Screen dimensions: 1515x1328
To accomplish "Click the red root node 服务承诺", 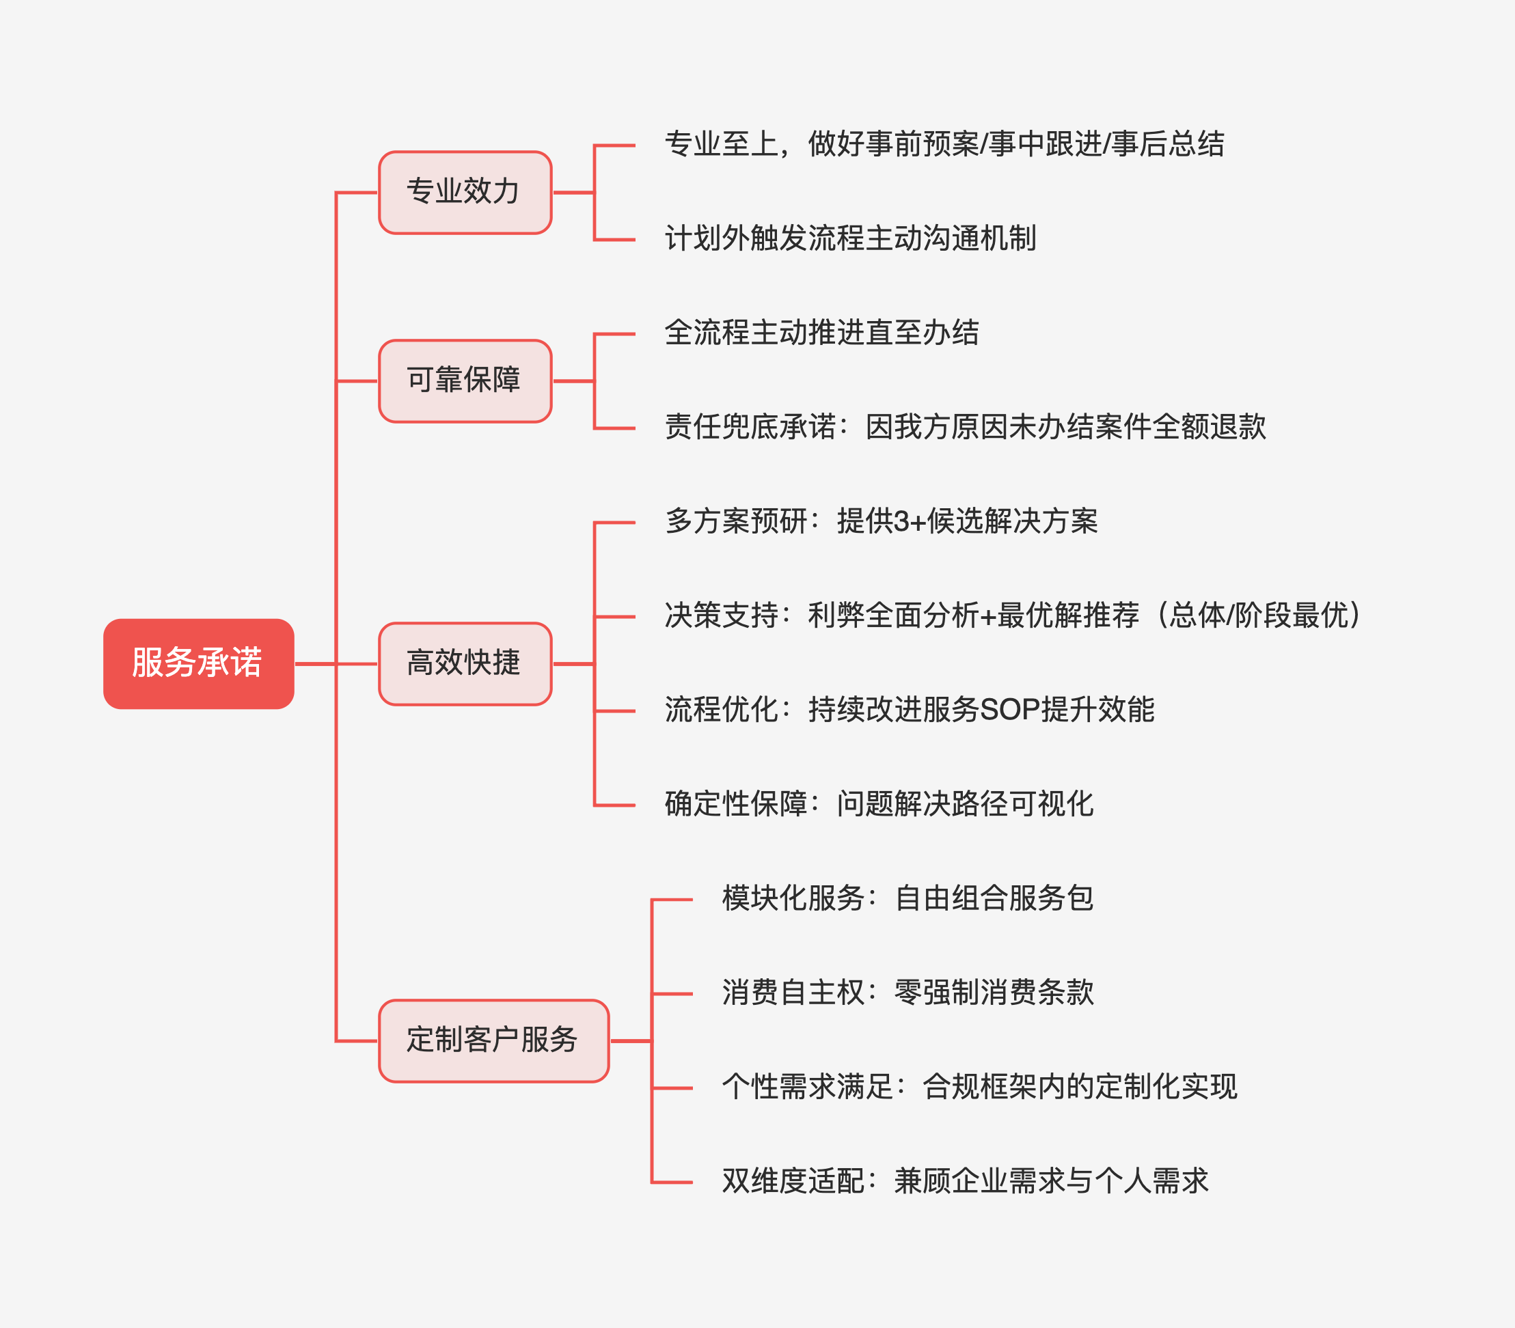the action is (x=199, y=663).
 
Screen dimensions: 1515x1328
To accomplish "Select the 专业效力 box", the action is (x=465, y=193).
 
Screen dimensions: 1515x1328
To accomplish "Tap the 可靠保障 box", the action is (x=465, y=381).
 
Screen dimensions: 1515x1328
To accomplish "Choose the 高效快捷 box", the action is (x=465, y=663).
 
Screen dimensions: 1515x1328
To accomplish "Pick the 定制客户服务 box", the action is (x=493, y=1040).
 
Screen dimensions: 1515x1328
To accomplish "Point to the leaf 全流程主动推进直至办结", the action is (x=821, y=333).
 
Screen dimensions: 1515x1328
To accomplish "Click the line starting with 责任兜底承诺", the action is (x=965, y=428).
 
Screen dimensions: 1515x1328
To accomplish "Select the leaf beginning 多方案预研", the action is (x=882, y=522).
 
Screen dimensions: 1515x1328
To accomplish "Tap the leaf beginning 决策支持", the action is (x=1013, y=615).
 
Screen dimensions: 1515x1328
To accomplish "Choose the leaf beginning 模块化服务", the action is (x=908, y=899).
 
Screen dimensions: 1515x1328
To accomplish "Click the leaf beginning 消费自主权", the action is (x=908, y=993).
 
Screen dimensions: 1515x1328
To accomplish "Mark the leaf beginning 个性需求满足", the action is (x=980, y=1087).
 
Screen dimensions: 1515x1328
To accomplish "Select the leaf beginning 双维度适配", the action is (x=966, y=1181).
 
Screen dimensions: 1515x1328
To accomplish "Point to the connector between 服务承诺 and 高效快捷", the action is (x=336, y=664).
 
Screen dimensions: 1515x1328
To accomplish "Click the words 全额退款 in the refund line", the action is (x=1210, y=428).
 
